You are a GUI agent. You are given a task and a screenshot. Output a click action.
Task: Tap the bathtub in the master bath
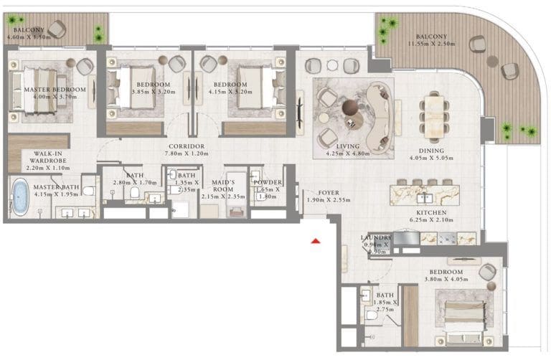[20, 197]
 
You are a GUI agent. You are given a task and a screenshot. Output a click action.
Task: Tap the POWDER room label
[268, 186]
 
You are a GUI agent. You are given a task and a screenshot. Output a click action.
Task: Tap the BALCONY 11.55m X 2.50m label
[430, 41]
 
